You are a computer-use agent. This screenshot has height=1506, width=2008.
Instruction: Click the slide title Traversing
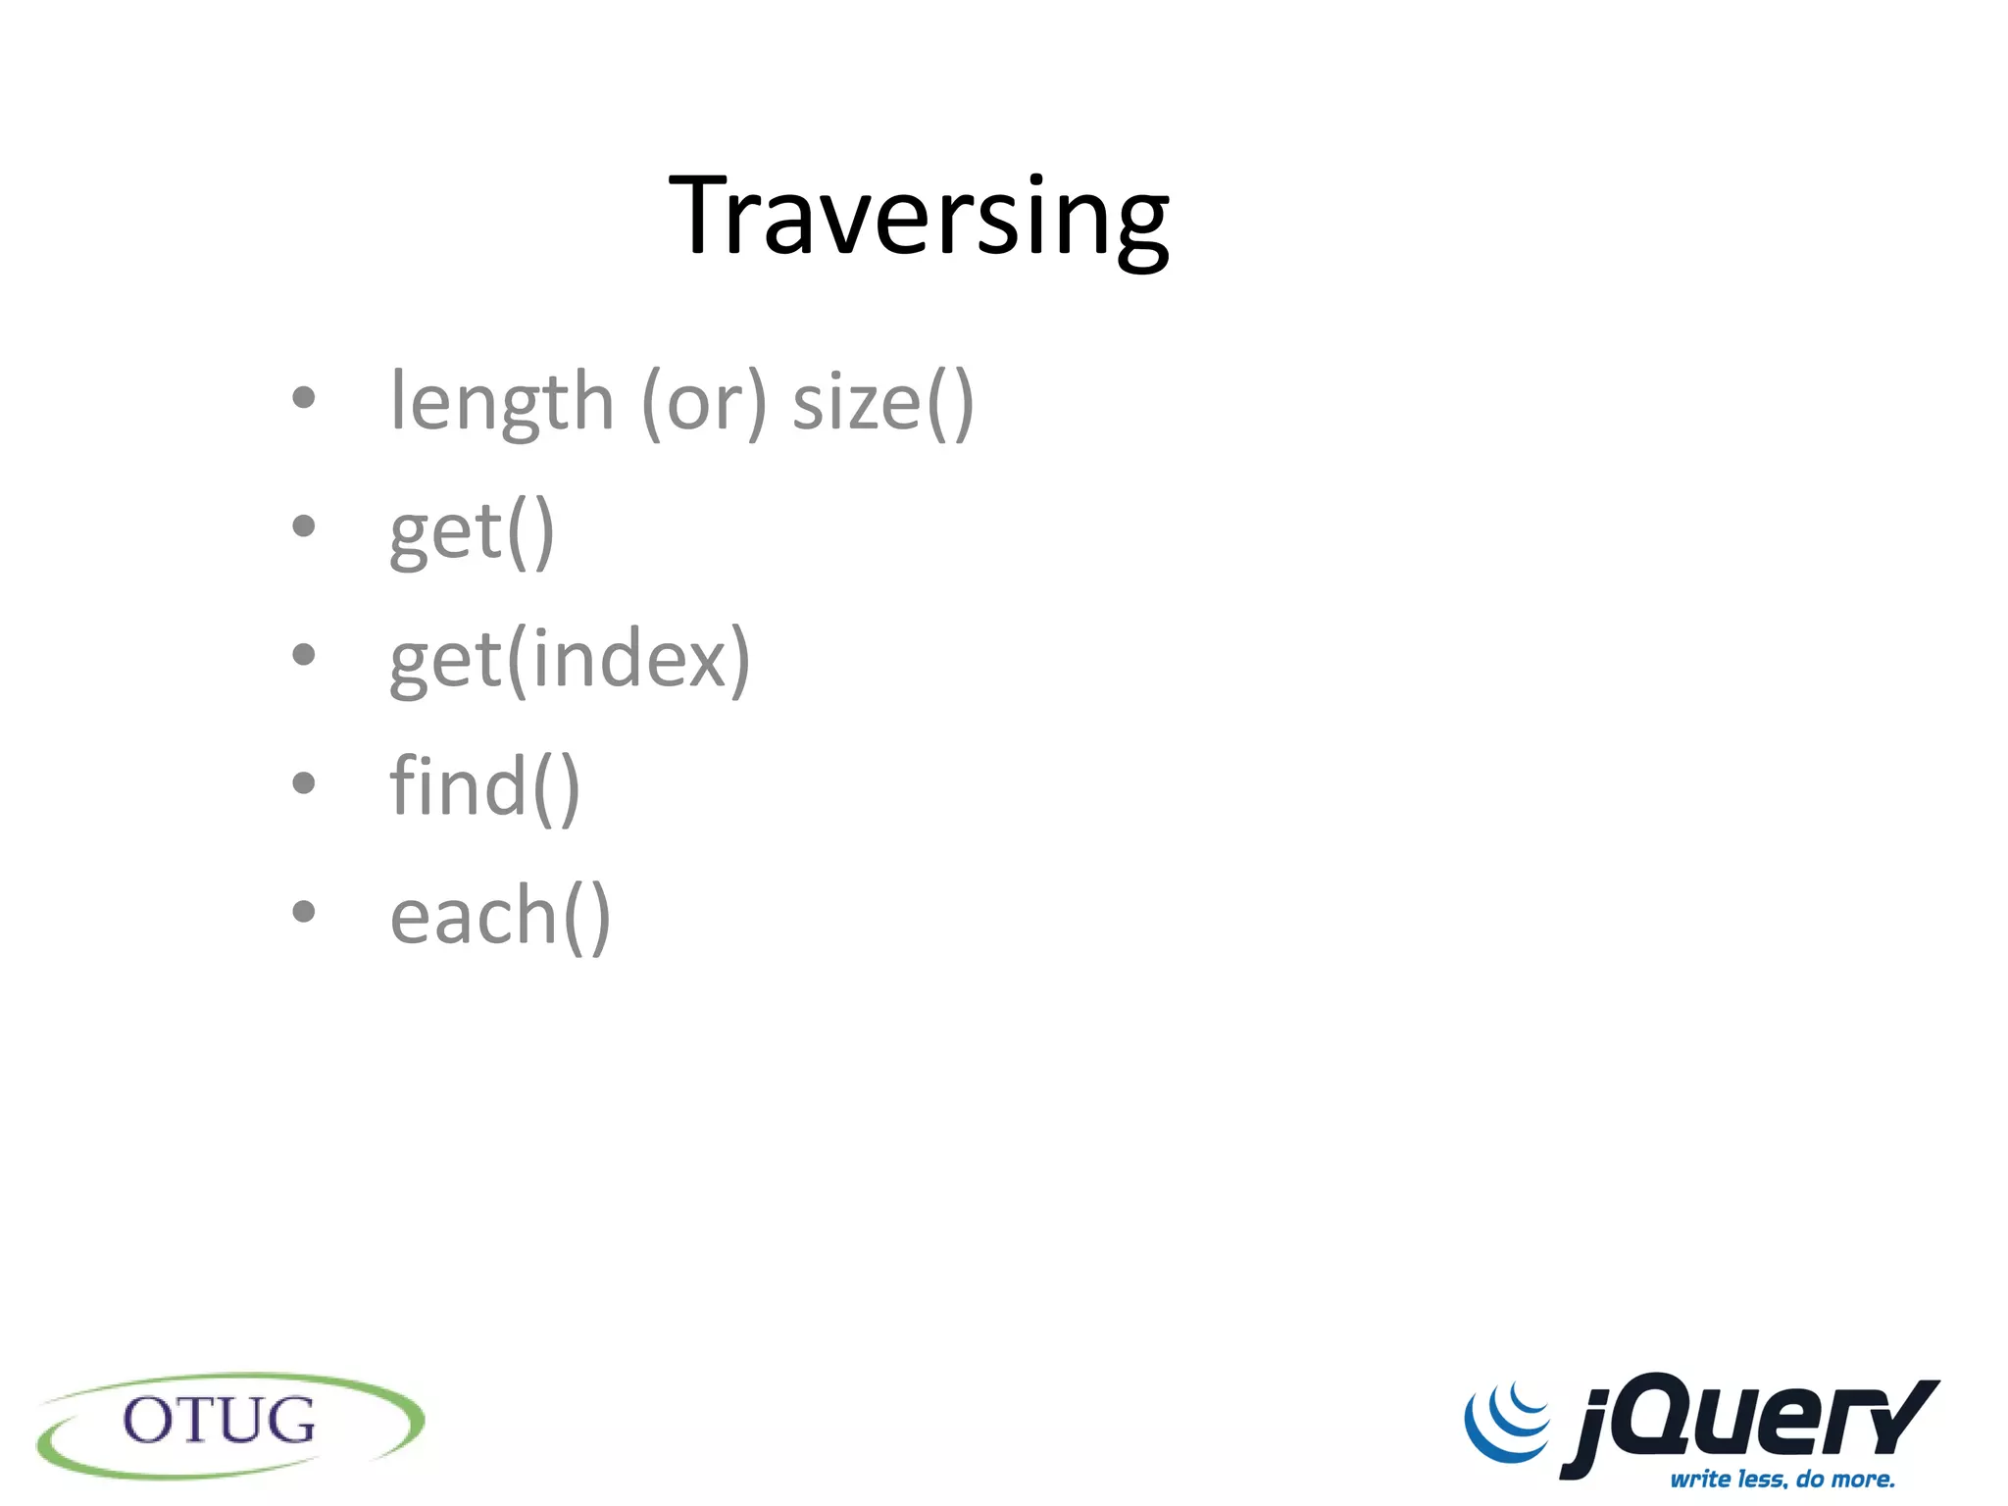(919, 216)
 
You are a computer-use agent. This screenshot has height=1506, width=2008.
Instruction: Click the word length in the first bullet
(501, 402)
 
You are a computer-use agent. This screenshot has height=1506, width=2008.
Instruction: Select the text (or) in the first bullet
(703, 402)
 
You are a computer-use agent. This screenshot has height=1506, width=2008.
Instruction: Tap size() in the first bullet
(882, 402)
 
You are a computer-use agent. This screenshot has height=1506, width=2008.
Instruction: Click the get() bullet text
(472, 531)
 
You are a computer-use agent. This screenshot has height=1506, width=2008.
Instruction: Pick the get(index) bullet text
(570, 659)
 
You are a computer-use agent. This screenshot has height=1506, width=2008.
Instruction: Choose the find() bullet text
(484, 786)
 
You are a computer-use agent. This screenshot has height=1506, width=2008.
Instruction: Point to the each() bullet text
(500, 916)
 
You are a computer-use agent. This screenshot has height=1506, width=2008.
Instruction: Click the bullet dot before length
(304, 397)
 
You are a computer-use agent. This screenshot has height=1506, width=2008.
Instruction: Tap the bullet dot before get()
(304, 527)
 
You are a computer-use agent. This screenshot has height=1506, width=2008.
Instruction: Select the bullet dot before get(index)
(304, 654)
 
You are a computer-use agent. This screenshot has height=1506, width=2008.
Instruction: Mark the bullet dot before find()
(304, 782)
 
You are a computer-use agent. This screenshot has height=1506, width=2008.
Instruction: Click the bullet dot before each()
(304, 911)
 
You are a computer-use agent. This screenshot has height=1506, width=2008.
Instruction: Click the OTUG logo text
(220, 1421)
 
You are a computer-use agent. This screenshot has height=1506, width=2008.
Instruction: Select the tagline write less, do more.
(1782, 1479)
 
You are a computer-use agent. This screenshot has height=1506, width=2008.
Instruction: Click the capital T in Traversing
(703, 216)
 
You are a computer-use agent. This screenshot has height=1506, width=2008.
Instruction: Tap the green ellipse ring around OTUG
(59, 1450)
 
